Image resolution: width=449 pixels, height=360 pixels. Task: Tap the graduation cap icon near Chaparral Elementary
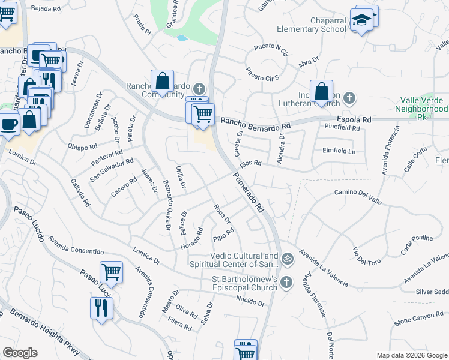(x=362, y=22)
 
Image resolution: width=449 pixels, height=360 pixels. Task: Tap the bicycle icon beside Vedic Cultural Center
(x=288, y=259)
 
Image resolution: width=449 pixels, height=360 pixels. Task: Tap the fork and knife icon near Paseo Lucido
(x=101, y=308)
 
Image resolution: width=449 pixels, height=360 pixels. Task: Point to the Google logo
(x=20, y=353)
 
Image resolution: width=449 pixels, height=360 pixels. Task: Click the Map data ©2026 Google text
(x=411, y=355)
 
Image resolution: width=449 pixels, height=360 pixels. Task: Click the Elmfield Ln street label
(x=339, y=151)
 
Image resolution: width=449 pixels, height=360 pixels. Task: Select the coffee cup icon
(x=9, y=124)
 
